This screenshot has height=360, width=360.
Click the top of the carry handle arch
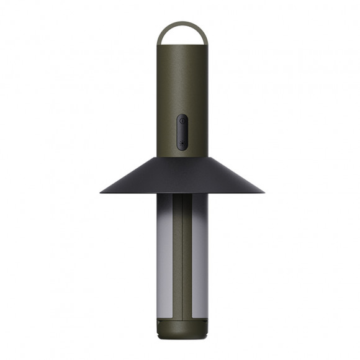[x=179, y=24]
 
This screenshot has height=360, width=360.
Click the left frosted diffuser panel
[x=159, y=248]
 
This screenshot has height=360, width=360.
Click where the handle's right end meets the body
[x=202, y=45]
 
